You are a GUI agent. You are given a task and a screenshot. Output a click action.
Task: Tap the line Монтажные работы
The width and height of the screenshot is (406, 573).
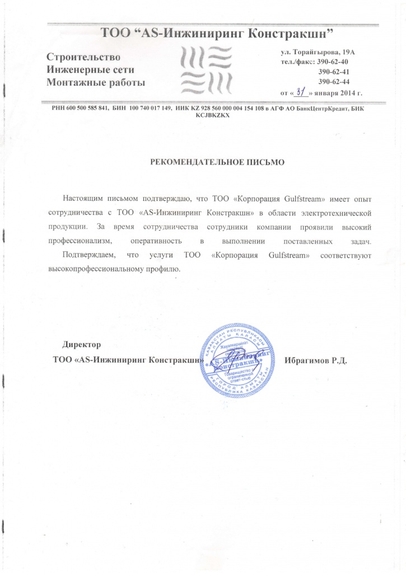click(95, 82)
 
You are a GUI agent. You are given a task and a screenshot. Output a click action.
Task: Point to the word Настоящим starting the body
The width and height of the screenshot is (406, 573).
click(85, 199)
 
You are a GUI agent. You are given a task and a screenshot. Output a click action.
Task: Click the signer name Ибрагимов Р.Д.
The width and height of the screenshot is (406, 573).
click(316, 359)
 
